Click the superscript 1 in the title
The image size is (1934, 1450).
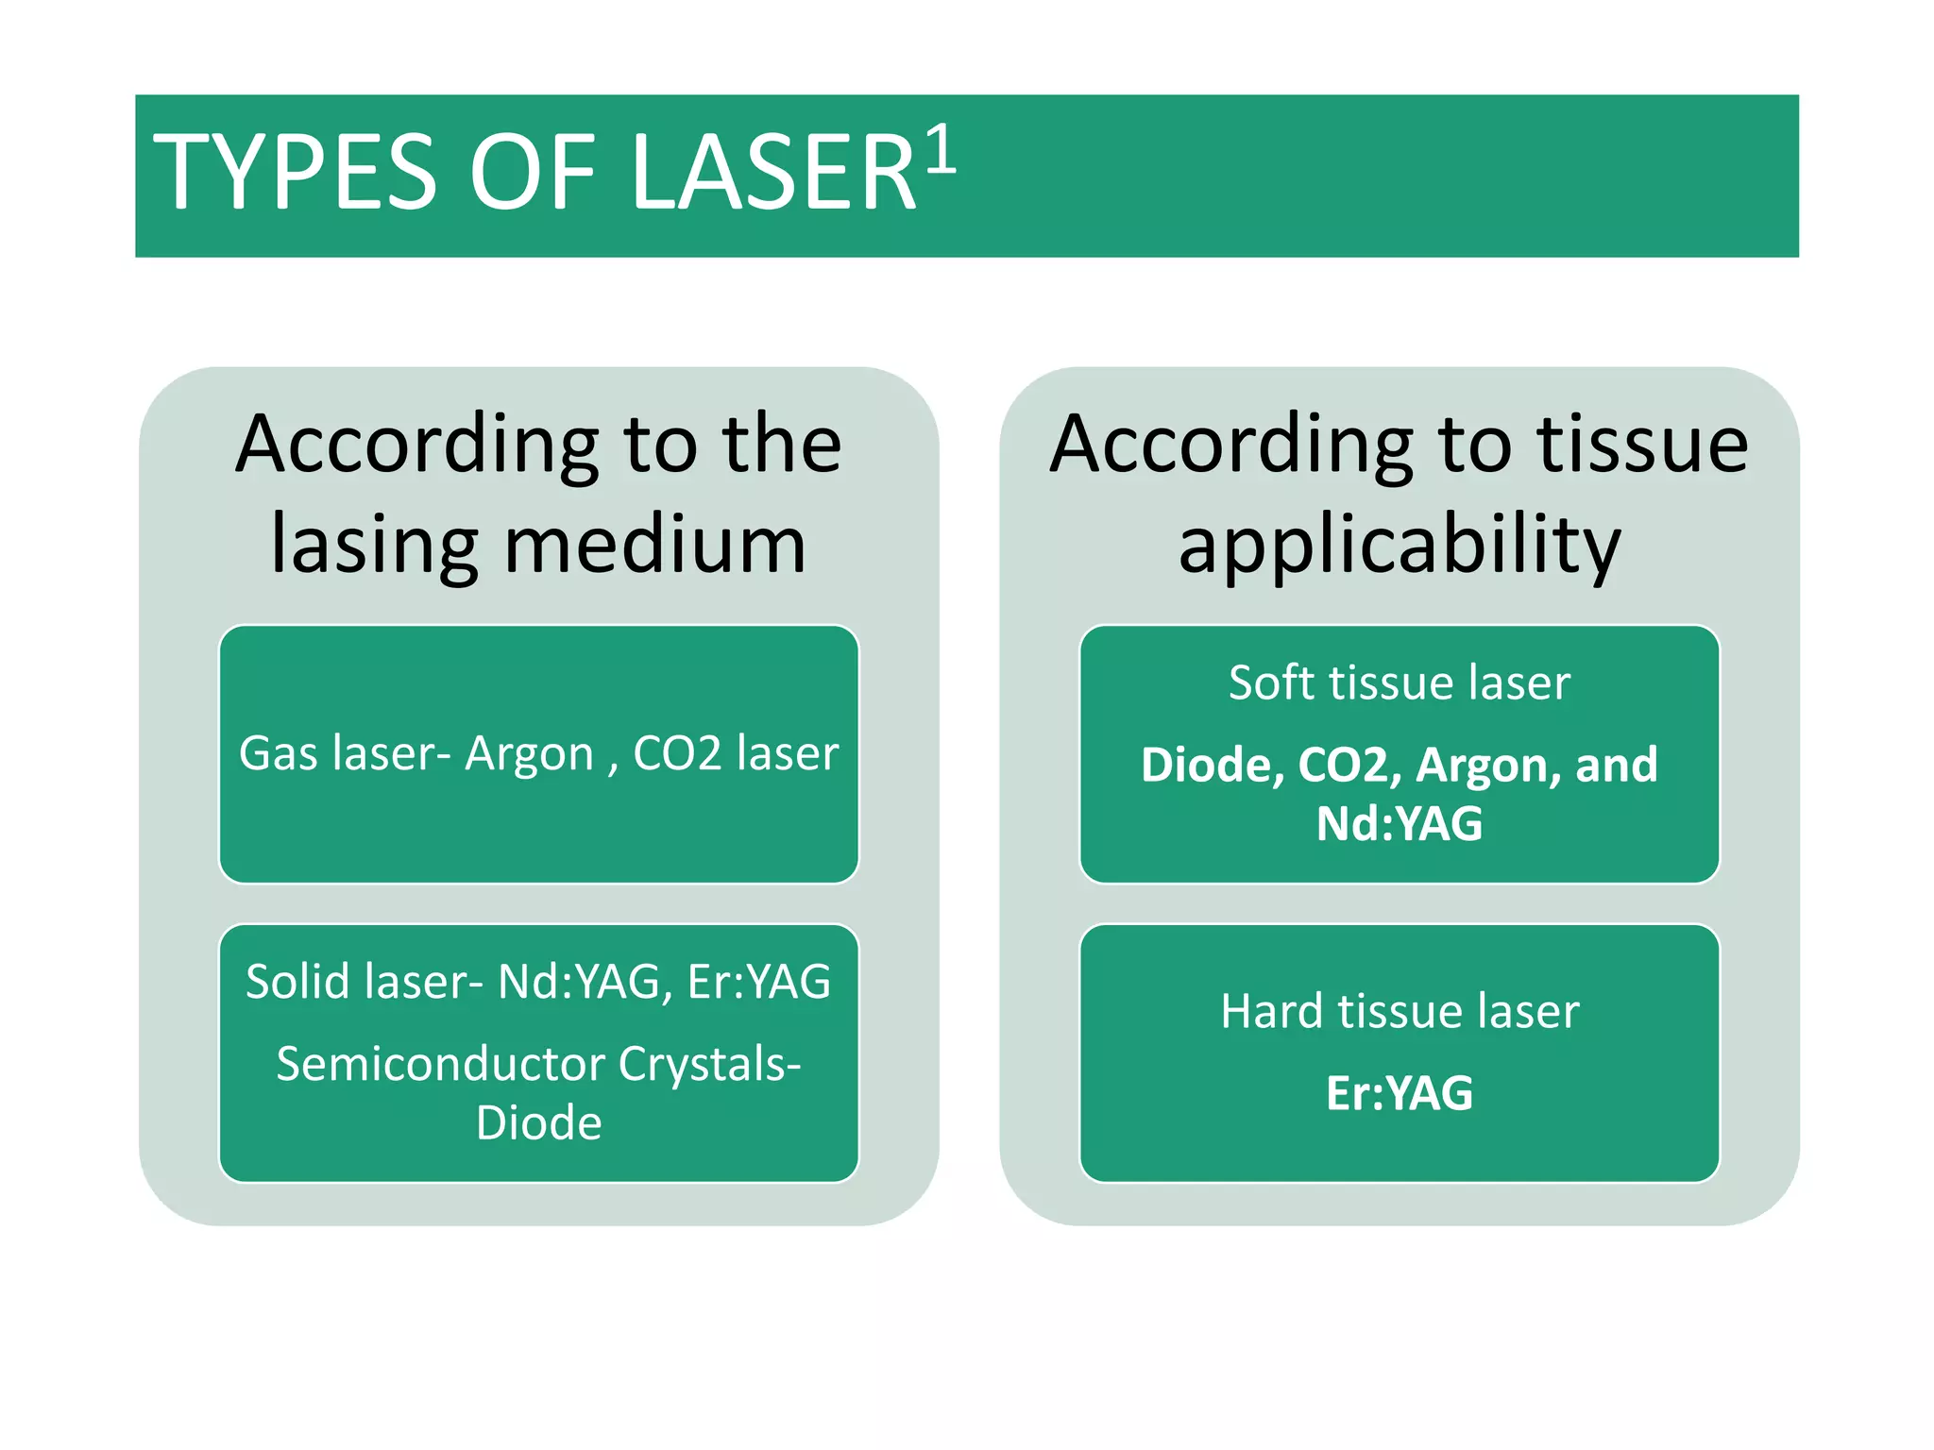click(x=941, y=151)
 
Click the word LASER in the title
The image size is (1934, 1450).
click(x=773, y=173)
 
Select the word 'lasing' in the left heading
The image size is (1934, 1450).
click(x=374, y=545)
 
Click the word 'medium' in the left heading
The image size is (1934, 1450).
click(x=655, y=545)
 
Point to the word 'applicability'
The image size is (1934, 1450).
click(x=1400, y=545)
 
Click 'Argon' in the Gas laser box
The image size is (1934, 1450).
click(x=529, y=754)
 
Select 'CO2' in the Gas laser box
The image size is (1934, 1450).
click(x=676, y=754)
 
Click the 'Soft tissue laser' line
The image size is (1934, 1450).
click(x=1399, y=683)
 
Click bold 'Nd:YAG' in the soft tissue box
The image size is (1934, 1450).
click(x=1400, y=823)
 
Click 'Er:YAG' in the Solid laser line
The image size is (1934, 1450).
click(x=759, y=982)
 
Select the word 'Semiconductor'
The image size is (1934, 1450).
click(x=440, y=1065)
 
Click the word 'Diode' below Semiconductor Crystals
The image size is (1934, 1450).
click(x=538, y=1123)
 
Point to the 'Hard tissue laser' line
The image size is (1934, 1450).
click(x=1399, y=1011)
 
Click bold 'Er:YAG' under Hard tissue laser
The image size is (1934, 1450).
click(x=1400, y=1093)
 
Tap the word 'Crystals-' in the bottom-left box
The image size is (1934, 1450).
click(x=709, y=1065)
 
